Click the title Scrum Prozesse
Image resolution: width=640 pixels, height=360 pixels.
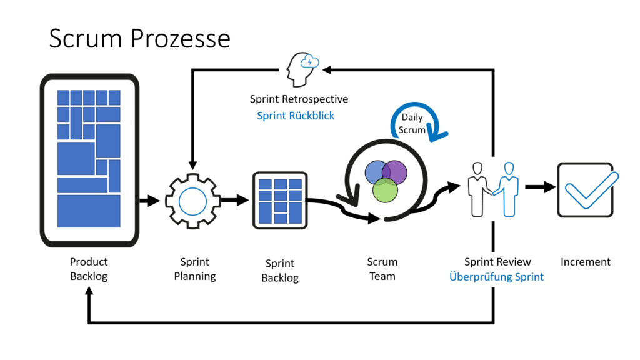click(139, 39)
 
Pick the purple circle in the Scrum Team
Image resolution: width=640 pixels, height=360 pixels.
click(395, 171)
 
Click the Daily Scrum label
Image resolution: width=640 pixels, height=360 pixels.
click(412, 124)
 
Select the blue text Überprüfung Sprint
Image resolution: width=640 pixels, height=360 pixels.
click(497, 277)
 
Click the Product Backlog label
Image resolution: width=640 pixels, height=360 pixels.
click(89, 269)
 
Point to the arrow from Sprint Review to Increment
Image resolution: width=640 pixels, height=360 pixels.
click(541, 187)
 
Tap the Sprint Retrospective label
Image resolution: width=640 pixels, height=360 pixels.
click(299, 99)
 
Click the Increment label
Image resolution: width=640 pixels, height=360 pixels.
click(586, 262)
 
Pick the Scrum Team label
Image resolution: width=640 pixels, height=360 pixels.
click(382, 269)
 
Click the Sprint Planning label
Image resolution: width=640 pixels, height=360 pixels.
click(194, 269)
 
